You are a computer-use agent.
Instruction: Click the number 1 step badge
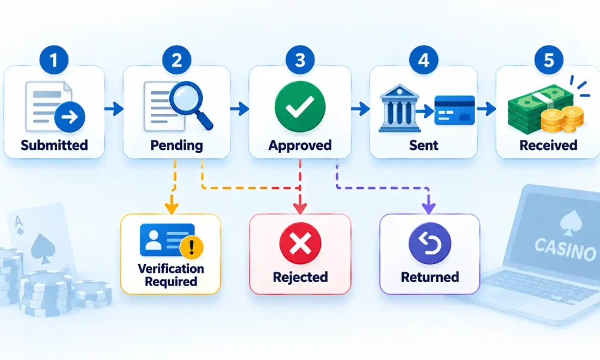(x=54, y=60)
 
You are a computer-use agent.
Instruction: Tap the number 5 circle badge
(x=549, y=60)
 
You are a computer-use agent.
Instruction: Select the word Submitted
(x=55, y=145)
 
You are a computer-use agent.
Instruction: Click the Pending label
(x=177, y=146)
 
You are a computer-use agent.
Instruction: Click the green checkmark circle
(x=300, y=107)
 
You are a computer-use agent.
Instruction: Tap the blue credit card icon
(x=455, y=110)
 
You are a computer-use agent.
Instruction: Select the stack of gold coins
(x=563, y=119)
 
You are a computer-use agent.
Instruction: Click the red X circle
(x=300, y=244)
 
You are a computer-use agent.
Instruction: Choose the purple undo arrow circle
(x=430, y=244)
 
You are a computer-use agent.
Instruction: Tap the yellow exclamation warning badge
(x=191, y=247)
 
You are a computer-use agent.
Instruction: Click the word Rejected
(x=301, y=277)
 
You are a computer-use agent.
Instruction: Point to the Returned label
(x=430, y=277)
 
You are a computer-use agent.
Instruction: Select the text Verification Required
(x=171, y=275)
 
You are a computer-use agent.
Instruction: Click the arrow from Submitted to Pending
(x=114, y=109)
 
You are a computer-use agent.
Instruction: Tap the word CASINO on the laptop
(x=565, y=248)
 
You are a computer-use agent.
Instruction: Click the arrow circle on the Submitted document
(x=70, y=117)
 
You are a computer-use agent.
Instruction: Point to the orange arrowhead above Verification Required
(x=172, y=208)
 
